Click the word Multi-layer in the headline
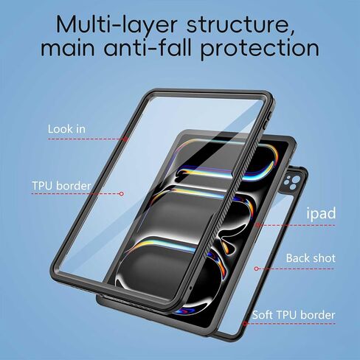click(117, 25)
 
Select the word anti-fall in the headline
click(148, 47)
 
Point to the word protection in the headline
click(260, 49)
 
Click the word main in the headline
click(68, 49)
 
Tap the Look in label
click(66, 129)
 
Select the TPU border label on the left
click(61, 186)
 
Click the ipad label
click(321, 213)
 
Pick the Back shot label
click(311, 258)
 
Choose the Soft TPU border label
click(294, 315)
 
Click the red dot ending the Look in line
click(126, 139)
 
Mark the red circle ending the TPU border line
click(121, 194)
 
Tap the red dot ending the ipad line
click(257, 225)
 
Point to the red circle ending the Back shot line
click(256, 269)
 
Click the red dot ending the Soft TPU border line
click(245, 324)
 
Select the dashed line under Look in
click(88, 139)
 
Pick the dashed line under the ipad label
click(297, 225)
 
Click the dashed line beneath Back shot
click(296, 269)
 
